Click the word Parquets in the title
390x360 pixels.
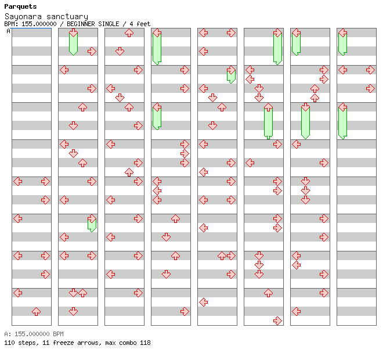tap(20, 7)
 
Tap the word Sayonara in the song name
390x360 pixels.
tap(23, 17)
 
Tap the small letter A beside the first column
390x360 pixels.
tap(9, 31)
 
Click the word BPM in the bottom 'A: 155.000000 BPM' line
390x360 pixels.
tap(57, 334)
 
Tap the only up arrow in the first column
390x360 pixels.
tap(36, 311)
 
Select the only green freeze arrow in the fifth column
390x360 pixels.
tap(231, 75)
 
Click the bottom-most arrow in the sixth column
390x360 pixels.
tap(277, 321)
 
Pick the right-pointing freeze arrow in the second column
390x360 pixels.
tap(92, 224)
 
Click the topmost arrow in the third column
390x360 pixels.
tap(129, 33)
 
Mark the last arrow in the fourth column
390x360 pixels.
tap(185, 311)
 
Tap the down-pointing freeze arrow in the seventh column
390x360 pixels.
tap(305, 120)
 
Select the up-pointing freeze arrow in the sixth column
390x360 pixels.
tap(268, 120)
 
